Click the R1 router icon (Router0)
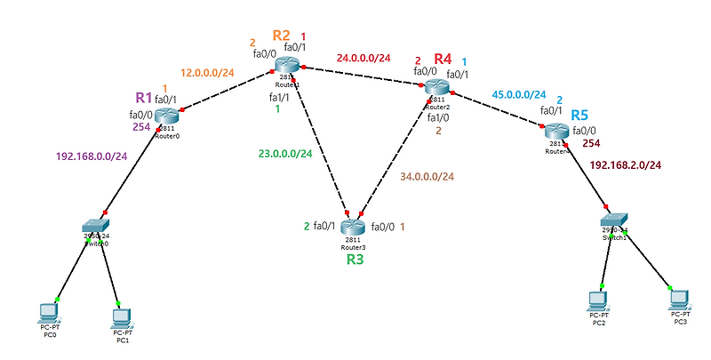click(x=167, y=114)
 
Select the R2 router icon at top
click(x=289, y=64)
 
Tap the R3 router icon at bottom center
click(x=353, y=226)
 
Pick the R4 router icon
click(x=436, y=86)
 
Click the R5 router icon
click(x=556, y=131)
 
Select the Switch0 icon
click(x=96, y=228)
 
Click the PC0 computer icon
click(x=49, y=311)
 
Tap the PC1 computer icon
click(x=122, y=316)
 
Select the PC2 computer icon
click(x=599, y=299)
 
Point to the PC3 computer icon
click(x=679, y=298)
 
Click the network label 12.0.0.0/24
click(x=207, y=72)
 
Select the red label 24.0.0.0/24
click(x=363, y=59)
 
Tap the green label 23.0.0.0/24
click(x=285, y=153)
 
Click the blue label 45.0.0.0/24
click(x=519, y=94)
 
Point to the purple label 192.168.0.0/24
click(x=92, y=156)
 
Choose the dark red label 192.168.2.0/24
click(x=626, y=165)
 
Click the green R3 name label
click(x=355, y=260)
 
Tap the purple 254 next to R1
click(x=142, y=127)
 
